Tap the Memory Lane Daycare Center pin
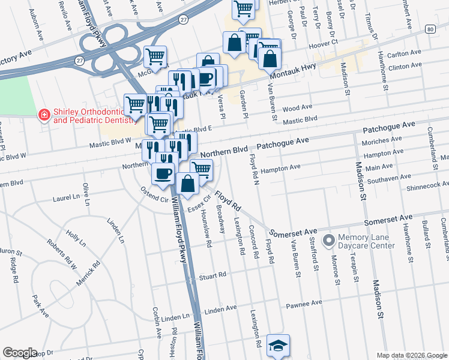pyautogui.click(x=328, y=241)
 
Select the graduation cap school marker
pyautogui.click(x=278, y=346)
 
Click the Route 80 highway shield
pyautogui.click(x=430, y=29)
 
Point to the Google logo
pyautogui.click(x=20, y=353)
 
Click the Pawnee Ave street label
pyautogui.click(x=308, y=304)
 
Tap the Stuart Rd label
pyautogui.click(x=213, y=277)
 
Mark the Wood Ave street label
pyautogui.click(x=297, y=108)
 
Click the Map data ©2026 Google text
pyautogui.click(x=412, y=355)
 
